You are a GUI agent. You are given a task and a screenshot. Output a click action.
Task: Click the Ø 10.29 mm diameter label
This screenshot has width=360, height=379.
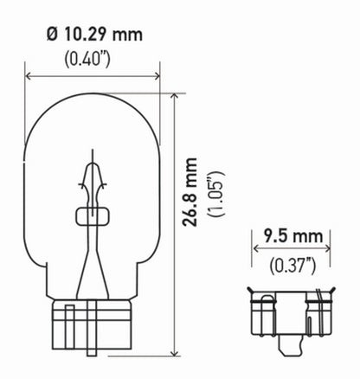pos(93,35)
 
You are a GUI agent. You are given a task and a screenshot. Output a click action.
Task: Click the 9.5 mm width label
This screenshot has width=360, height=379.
pos(280,234)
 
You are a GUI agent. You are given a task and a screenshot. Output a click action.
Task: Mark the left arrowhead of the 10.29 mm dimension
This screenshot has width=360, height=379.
pos(29,76)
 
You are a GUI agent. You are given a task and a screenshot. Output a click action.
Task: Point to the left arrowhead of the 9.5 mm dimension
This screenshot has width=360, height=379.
pos(255,250)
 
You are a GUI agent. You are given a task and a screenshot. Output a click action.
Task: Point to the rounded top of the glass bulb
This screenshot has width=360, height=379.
pos(93,98)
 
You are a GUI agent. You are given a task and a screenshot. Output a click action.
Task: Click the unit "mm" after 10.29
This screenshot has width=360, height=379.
pos(126,35)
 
